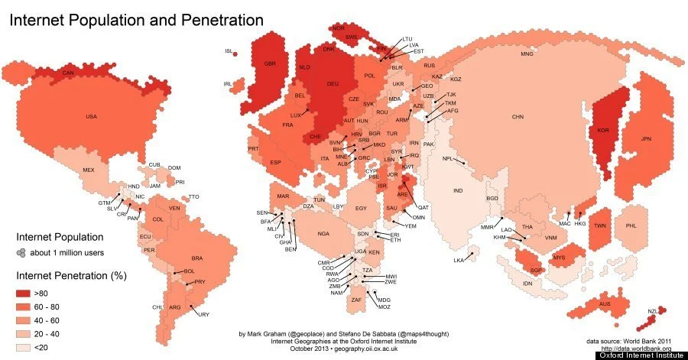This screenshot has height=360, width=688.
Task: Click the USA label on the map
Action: [x=91, y=116]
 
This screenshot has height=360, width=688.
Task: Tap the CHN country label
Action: [x=518, y=116]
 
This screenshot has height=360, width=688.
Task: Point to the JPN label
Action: [x=646, y=138]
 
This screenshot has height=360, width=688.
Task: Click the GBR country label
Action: [x=269, y=63]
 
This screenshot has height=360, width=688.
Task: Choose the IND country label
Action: [x=458, y=190]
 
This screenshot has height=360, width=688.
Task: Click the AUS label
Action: [x=605, y=303]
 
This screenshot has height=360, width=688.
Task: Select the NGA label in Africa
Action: [x=323, y=232]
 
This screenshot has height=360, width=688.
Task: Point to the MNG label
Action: [x=527, y=54]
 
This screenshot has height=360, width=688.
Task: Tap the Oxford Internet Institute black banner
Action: [x=640, y=355]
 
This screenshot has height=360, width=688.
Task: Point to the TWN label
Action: [x=599, y=226]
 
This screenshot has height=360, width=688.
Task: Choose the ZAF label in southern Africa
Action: [x=356, y=300]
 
